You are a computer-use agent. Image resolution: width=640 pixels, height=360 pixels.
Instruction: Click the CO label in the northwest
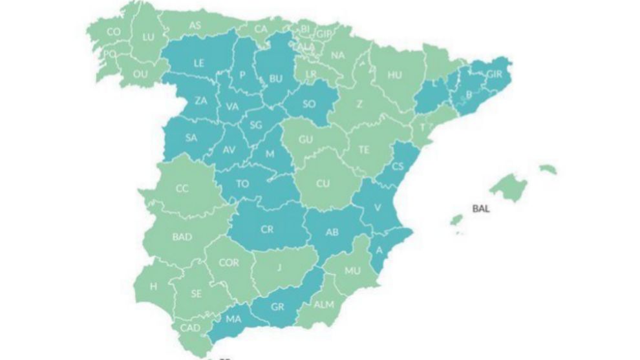(114, 32)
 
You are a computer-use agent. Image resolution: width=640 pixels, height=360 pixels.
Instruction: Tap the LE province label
(199, 63)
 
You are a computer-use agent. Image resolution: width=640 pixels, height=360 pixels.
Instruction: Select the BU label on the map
(276, 79)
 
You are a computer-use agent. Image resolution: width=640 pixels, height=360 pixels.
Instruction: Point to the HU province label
(394, 74)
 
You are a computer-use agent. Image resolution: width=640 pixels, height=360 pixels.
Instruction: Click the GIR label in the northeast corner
(494, 74)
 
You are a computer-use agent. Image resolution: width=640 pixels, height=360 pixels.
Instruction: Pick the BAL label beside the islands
(481, 209)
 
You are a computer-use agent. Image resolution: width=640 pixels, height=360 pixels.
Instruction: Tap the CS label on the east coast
(398, 166)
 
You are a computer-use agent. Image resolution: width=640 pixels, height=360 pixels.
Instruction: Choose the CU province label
(323, 183)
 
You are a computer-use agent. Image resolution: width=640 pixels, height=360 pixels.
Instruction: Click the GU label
(306, 140)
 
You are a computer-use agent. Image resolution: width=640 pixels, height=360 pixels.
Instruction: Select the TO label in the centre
(242, 184)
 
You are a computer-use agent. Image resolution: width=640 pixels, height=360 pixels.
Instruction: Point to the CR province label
(267, 229)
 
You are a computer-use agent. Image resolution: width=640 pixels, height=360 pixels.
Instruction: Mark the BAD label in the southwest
(182, 237)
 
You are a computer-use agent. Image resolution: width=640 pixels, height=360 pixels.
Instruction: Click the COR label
(229, 263)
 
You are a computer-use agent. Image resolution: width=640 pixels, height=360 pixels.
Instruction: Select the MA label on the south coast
(233, 318)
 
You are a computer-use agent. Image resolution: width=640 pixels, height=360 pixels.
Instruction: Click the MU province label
(352, 271)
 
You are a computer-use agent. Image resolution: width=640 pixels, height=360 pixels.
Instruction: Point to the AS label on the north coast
(195, 25)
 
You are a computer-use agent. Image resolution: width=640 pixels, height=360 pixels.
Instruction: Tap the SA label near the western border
(191, 138)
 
